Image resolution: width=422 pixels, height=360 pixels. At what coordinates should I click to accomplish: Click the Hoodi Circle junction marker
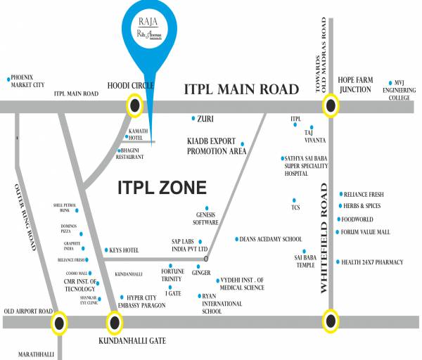134,106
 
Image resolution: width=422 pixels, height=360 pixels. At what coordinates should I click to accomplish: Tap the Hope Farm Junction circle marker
329,107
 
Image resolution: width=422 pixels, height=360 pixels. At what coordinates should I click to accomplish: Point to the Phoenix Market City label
27,81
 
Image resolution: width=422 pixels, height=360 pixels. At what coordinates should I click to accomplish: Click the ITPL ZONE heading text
161,188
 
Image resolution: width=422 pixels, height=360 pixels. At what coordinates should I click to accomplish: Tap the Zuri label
205,120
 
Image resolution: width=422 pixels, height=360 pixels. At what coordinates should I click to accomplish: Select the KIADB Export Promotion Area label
216,146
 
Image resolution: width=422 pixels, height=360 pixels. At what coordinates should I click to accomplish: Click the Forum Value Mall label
365,231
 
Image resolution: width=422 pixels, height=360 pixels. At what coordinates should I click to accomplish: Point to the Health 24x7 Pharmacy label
372,262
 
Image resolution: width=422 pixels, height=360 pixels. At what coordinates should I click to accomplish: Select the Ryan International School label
222,304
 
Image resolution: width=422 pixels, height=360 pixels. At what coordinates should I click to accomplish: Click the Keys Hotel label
124,250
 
